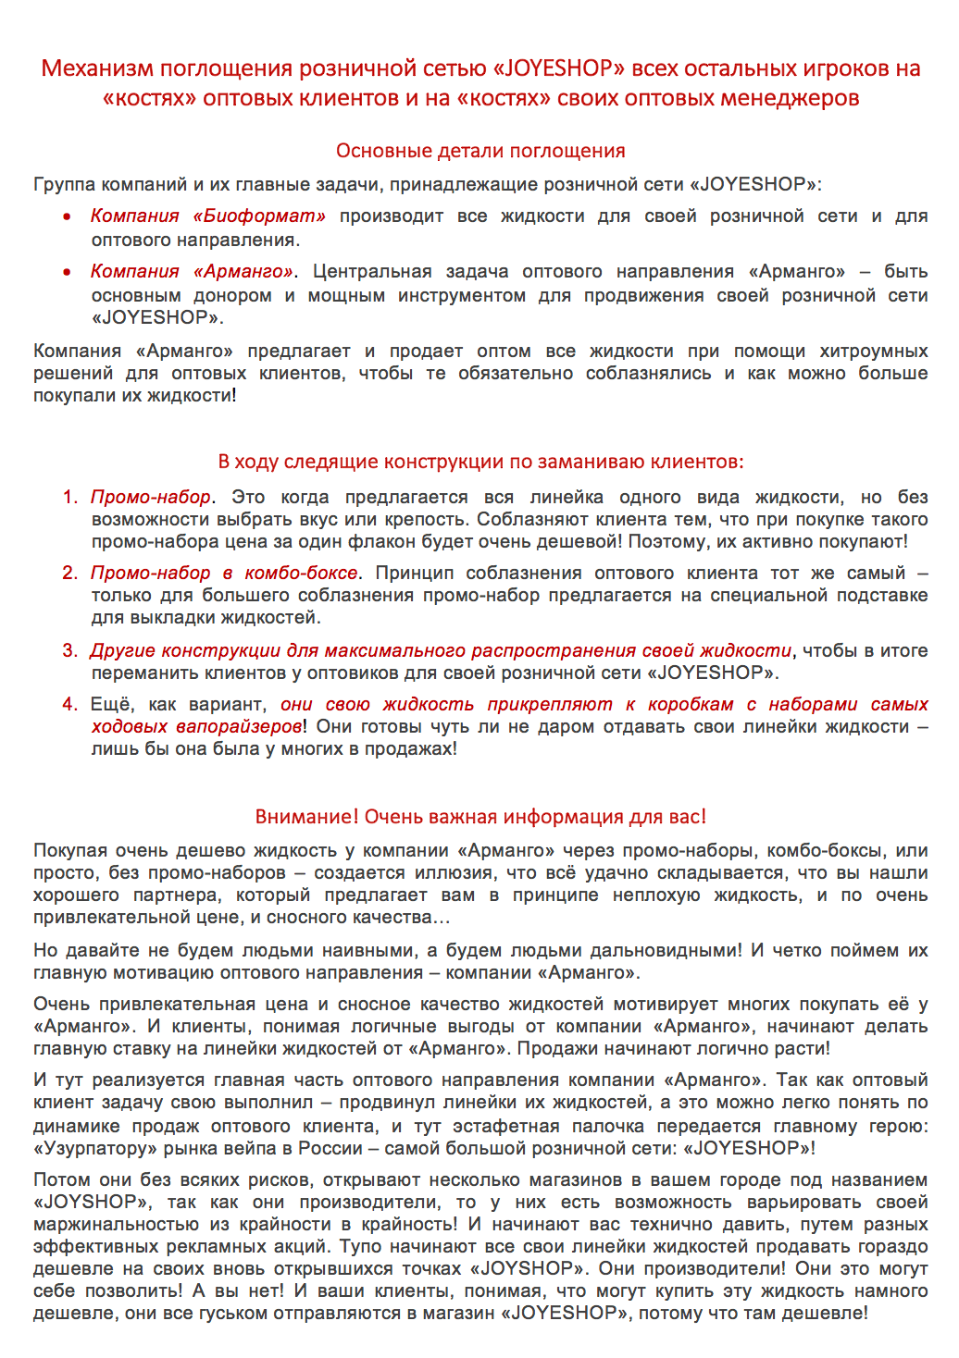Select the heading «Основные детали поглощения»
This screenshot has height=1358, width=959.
click(x=480, y=151)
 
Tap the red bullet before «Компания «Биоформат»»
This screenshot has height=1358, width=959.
click(x=68, y=216)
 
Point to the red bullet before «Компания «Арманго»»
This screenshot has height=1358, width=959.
click(x=68, y=272)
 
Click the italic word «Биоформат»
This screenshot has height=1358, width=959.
click(x=260, y=216)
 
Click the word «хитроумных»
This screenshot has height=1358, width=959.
click(x=876, y=351)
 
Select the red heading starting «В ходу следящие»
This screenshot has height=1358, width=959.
click(x=480, y=462)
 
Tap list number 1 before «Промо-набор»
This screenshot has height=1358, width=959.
click(x=69, y=497)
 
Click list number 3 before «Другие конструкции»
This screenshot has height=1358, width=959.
click(x=69, y=650)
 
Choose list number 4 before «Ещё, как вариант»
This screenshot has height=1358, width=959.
click(x=69, y=704)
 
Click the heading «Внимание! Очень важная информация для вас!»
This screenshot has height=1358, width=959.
click(x=480, y=817)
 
